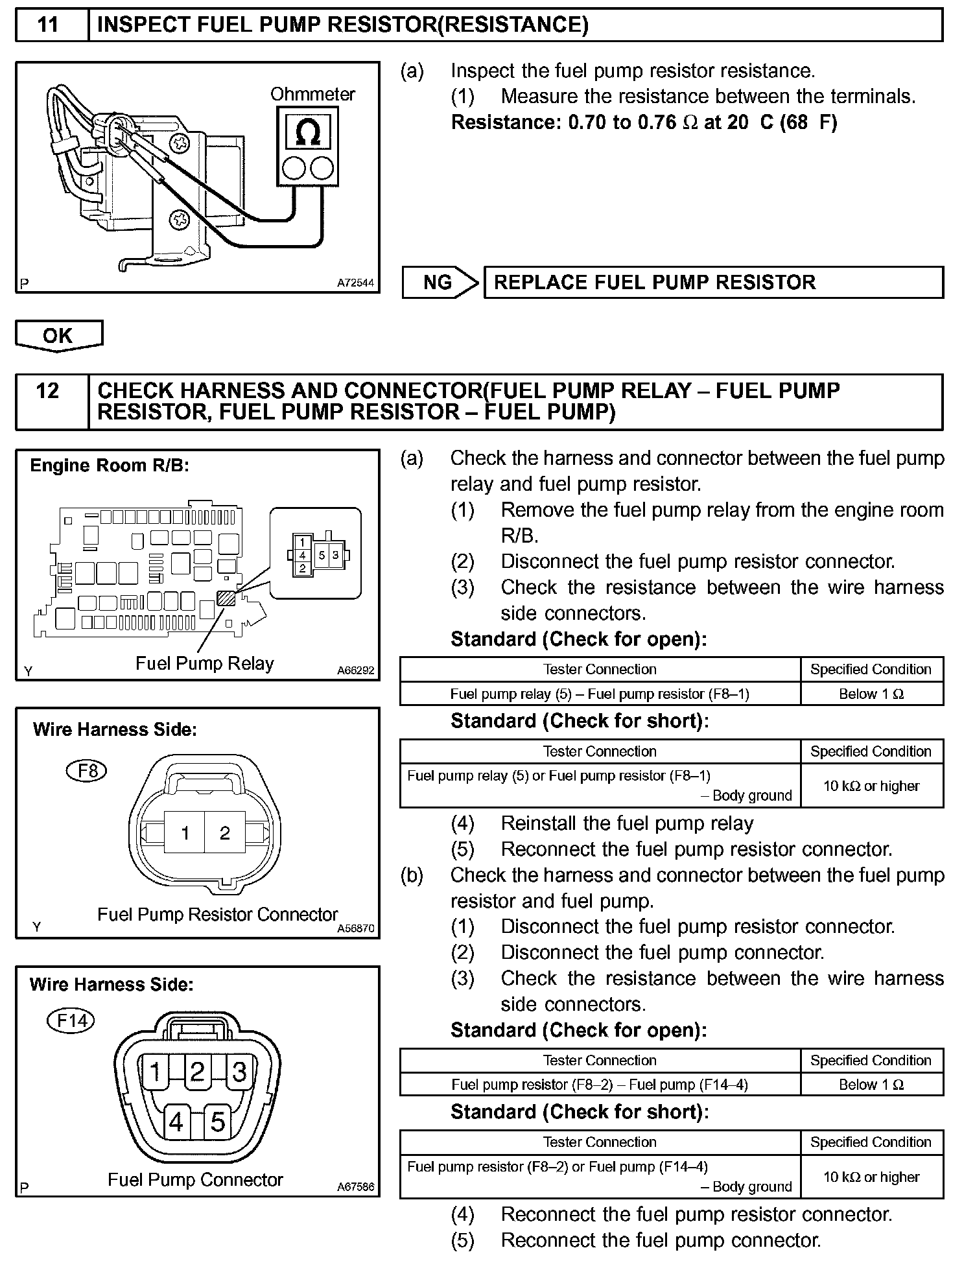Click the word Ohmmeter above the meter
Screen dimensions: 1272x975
pos(312,95)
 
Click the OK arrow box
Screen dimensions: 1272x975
pos(58,335)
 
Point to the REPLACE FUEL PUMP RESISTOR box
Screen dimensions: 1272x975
pos(713,282)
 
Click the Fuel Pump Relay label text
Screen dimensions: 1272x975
pos(205,663)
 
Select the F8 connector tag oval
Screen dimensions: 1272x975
pos(87,771)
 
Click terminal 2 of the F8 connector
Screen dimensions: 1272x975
pos(225,832)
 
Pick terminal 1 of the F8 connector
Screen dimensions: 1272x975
pos(185,832)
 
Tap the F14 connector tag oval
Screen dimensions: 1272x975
pos(71,1021)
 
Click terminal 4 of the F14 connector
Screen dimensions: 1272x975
pos(176,1122)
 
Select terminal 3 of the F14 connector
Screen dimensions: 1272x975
pos(239,1072)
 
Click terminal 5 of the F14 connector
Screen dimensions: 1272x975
pos(218,1122)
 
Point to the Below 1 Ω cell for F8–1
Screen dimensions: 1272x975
pos(871,694)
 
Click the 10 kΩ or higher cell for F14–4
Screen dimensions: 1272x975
pos(871,1177)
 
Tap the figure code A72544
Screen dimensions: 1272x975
pos(355,283)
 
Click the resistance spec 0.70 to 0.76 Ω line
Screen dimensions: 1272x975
pos(644,123)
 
